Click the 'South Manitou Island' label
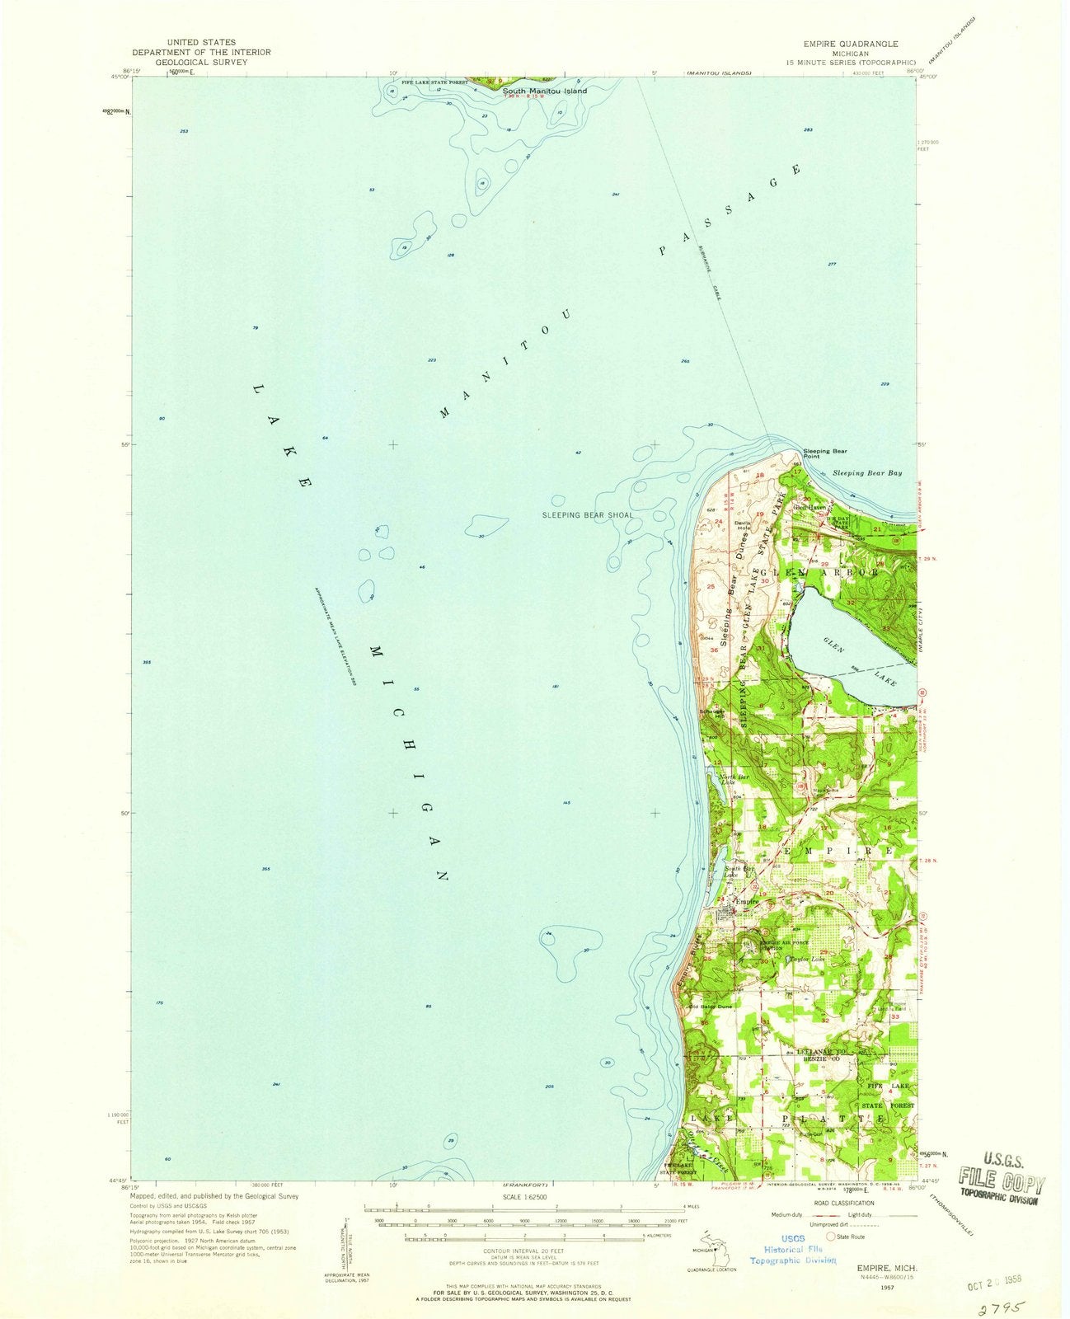pos(545,91)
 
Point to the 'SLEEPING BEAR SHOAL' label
pos(588,514)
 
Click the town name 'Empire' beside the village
pos(735,902)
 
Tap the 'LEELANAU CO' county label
pos(822,1052)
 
